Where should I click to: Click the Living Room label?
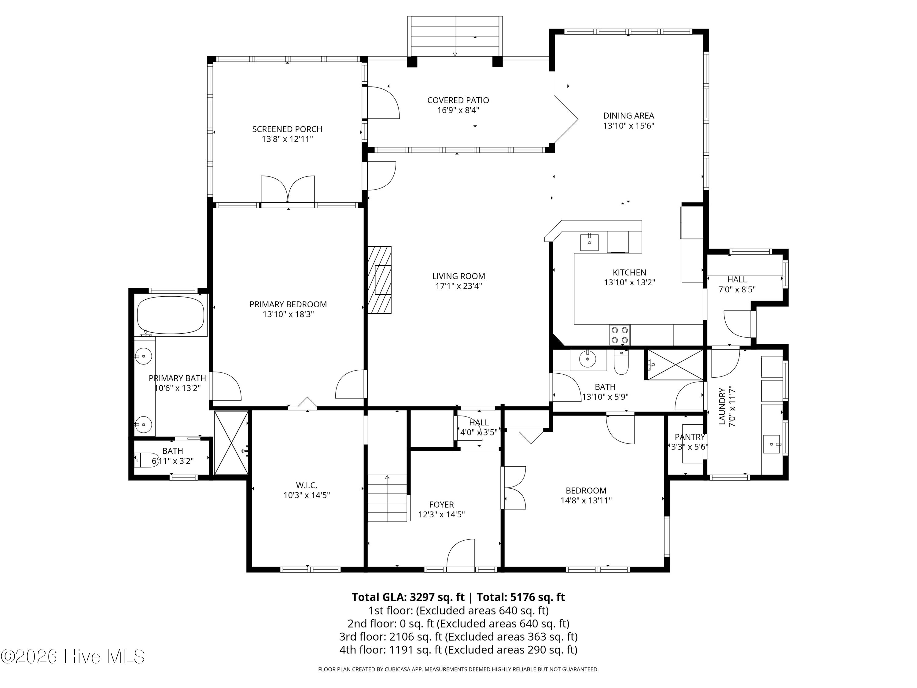click(458, 276)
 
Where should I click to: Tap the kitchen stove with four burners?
click(619, 335)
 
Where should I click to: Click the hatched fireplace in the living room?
click(379, 280)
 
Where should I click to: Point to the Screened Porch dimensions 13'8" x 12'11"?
click(287, 139)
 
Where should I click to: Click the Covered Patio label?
click(458, 100)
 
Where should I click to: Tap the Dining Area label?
click(628, 116)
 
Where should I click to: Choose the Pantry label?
click(689, 437)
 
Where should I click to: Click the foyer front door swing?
click(461, 553)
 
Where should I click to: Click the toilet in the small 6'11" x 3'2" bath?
click(147, 460)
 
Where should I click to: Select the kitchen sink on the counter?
click(589, 242)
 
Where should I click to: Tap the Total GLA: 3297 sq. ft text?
click(408, 597)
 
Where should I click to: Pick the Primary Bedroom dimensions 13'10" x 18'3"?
click(288, 314)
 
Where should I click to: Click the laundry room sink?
click(772, 444)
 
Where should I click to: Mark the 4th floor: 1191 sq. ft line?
click(458, 649)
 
